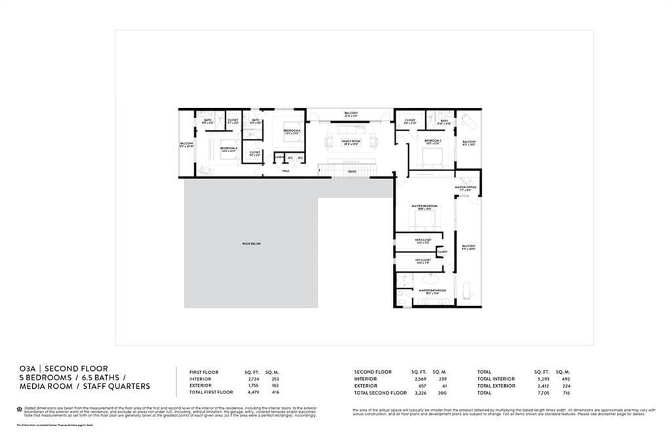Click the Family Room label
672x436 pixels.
[351, 142]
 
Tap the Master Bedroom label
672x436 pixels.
[425, 207]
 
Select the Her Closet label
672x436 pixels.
[423, 241]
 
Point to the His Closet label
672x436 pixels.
[423, 261]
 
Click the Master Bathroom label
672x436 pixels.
[432, 290]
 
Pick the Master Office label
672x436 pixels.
[466, 188]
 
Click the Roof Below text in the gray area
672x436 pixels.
[251, 243]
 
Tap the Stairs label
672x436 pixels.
[352, 171]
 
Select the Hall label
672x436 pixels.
[285, 171]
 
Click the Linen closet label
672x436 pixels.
[279, 157]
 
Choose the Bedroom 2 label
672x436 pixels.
[432, 141]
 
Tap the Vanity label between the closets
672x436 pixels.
[442, 251]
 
